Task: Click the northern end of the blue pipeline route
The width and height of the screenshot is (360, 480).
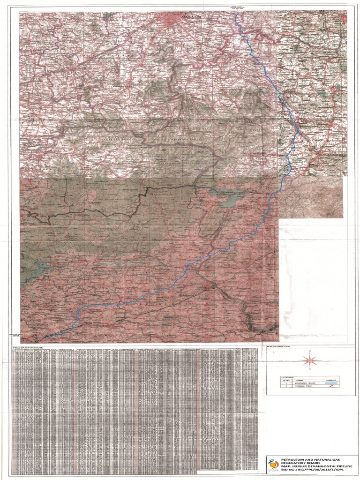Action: click(236, 14)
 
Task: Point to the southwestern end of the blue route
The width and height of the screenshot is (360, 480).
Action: click(44, 338)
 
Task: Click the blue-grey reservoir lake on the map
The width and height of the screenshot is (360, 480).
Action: click(230, 201)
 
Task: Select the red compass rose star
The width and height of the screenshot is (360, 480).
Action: click(309, 360)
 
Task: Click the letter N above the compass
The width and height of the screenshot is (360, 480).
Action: click(309, 351)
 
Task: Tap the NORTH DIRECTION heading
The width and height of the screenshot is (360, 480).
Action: click(278, 346)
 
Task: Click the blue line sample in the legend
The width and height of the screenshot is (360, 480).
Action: click(330, 383)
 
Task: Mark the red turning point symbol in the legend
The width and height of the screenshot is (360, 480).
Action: click(330, 387)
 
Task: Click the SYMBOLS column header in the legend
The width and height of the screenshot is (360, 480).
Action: click(330, 379)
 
